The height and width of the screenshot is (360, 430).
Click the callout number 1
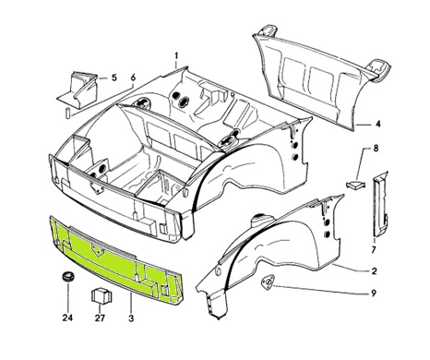click(175, 56)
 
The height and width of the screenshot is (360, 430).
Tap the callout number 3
click(131, 319)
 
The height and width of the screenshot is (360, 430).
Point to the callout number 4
click(377, 121)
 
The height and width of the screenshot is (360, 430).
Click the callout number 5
click(114, 78)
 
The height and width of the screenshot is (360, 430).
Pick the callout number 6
click(133, 78)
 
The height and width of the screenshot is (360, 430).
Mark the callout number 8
click(376, 149)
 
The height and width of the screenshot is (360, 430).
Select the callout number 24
click(68, 319)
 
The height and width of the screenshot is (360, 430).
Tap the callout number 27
click(99, 319)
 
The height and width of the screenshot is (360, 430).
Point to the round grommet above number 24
click(67, 278)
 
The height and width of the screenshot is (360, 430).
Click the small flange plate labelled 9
click(269, 283)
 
